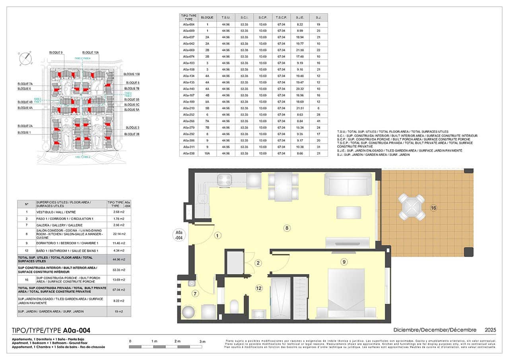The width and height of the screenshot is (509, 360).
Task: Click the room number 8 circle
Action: tap(286, 228)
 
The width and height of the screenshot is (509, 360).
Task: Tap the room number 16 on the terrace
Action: tap(433, 208)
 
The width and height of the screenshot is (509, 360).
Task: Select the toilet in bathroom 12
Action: tap(235, 307)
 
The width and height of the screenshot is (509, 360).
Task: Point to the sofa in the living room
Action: tap(349, 184)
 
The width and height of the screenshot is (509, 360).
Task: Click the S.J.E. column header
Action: tap(300, 18)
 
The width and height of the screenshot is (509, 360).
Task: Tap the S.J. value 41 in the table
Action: tap(319, 121)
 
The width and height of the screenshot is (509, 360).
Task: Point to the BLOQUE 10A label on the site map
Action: tap(91, 53)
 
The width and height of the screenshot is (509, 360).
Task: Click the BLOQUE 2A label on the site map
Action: tap(25, 126)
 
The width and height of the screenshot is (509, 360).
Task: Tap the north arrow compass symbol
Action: tap(26, 58)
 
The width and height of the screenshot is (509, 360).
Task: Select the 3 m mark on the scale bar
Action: tap(202, 342)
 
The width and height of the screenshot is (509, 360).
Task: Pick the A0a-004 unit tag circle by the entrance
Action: tap(179, 235)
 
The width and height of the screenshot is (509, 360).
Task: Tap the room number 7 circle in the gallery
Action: tap(195, 294)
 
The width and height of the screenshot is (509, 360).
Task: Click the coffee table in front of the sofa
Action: tap(349, 212)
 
